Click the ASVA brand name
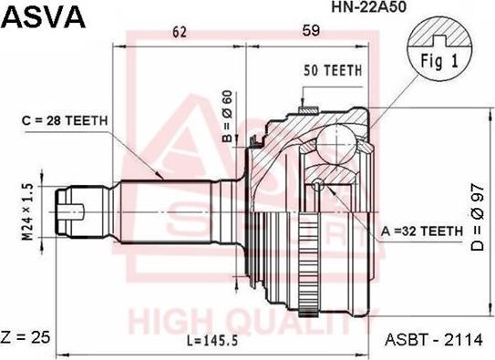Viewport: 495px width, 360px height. [44, 16]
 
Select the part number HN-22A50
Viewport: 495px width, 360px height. [368, 7]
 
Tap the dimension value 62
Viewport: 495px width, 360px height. [179, 32]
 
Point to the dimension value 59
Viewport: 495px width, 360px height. [311, 31]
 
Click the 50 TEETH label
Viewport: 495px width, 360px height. [333, 70]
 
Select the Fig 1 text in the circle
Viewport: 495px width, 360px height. [439, 61]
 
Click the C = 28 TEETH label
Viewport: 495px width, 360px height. [65, 120]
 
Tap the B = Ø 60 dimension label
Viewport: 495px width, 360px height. [227, 116]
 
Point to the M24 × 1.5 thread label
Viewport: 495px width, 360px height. [27, 212]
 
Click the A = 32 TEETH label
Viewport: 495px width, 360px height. [422, 231]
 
